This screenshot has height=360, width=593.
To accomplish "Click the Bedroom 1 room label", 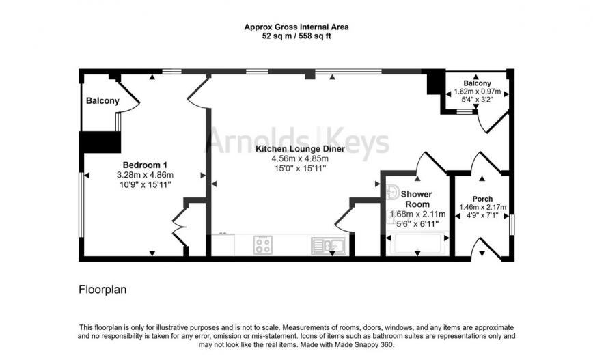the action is point(145,165).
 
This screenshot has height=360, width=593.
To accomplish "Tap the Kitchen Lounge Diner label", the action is point(301,149).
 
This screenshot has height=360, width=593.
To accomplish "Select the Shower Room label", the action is point(416,199).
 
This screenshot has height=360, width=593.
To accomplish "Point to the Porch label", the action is point(482,199).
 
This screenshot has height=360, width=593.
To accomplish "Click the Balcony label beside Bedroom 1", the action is point(102,100).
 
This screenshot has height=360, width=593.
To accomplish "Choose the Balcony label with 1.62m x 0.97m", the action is point(478,83).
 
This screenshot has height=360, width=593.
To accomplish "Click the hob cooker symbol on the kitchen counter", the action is point(263,245).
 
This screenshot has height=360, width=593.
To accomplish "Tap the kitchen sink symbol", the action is point(329,245).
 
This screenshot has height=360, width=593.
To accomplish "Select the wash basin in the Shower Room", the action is point(392,193).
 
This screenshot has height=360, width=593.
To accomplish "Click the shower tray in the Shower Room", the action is point(417,244).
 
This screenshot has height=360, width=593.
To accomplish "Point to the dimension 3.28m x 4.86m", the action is point(145,175).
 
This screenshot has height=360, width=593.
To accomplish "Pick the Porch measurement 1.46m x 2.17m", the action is point(482,207).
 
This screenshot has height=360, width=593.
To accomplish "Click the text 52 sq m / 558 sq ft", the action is point(296,36).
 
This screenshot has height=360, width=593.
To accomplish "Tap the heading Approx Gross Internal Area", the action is point(296,27).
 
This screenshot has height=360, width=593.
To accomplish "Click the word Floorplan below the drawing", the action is point(102,290).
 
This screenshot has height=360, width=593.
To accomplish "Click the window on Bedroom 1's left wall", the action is point(81,204).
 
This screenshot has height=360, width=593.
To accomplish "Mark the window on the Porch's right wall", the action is point(512,225).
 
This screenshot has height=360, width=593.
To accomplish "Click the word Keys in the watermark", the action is point(357,141).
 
